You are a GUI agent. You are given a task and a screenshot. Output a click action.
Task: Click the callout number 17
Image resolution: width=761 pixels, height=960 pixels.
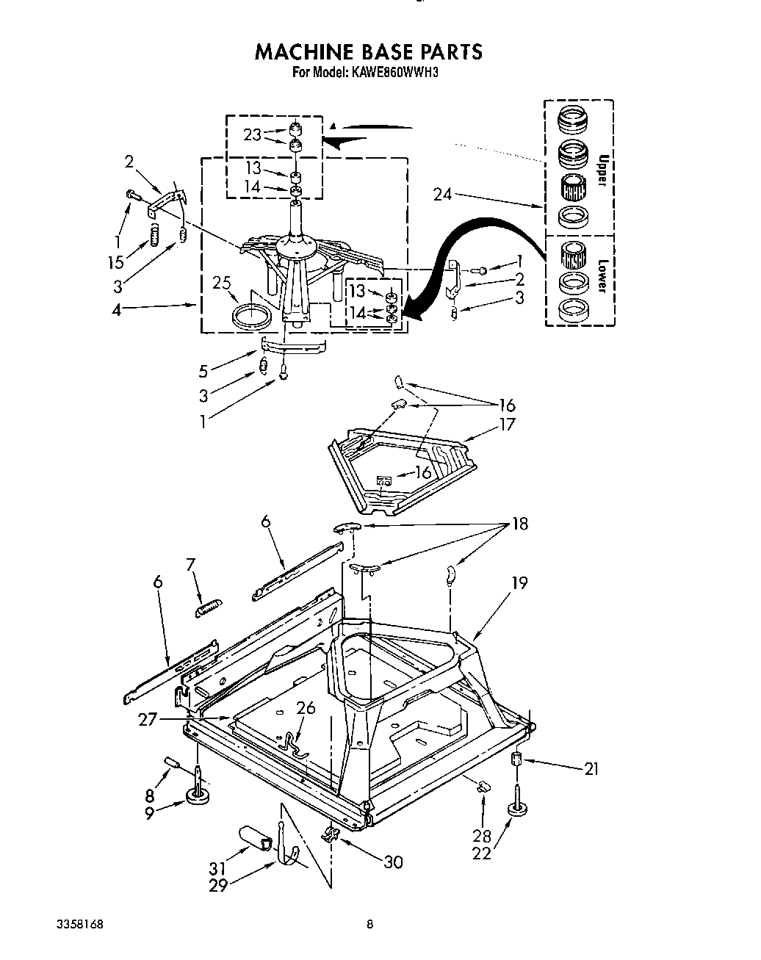click(x=507, y=424)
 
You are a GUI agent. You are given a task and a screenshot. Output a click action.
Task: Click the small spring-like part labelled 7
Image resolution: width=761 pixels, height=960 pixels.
click(x=209, y=607)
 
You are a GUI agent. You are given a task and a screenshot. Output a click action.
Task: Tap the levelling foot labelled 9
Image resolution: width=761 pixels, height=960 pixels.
click(x=198, y=796)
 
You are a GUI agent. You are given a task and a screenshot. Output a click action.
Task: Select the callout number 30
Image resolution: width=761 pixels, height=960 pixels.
click(x=394, y=862)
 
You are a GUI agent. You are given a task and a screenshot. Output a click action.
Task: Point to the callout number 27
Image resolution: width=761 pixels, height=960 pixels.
click(x=148, y=719)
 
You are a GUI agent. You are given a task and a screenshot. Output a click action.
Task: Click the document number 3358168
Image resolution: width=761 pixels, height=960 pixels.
click(x=82, y=925)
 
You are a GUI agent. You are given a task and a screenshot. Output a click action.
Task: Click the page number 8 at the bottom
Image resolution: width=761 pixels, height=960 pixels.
click(x=370, y=925)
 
